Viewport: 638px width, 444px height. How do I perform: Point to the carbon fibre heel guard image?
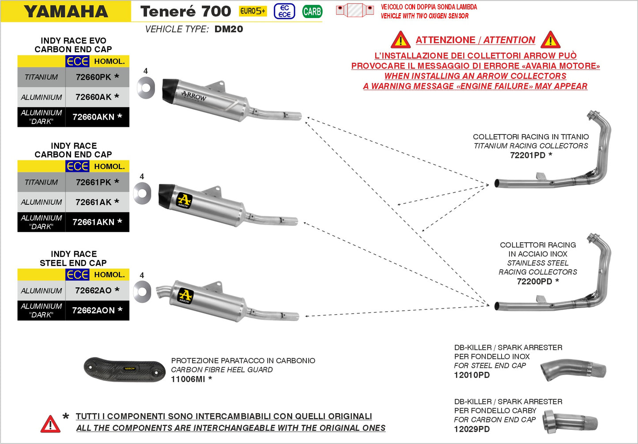click(x=125, y=369)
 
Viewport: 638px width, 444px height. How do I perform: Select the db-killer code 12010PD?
click(x=472, y=375)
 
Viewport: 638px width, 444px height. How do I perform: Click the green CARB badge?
click(x=312, y=11)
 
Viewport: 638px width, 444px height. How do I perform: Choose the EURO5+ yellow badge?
click(x=253, y=11)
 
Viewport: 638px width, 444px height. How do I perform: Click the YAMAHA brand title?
click(x=66, y=11)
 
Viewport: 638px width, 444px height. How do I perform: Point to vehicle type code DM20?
click(x=228, y=29)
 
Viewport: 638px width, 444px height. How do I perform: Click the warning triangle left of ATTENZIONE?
click(x=400, y=40)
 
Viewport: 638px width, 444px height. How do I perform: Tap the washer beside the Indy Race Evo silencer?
click(x=146, y=87)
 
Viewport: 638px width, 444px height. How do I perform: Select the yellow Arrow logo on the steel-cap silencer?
click(x=185, y=295)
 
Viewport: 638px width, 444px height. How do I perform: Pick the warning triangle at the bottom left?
click(x=50, y=424)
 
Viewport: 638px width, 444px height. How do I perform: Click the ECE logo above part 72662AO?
click(x=78, y=275)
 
